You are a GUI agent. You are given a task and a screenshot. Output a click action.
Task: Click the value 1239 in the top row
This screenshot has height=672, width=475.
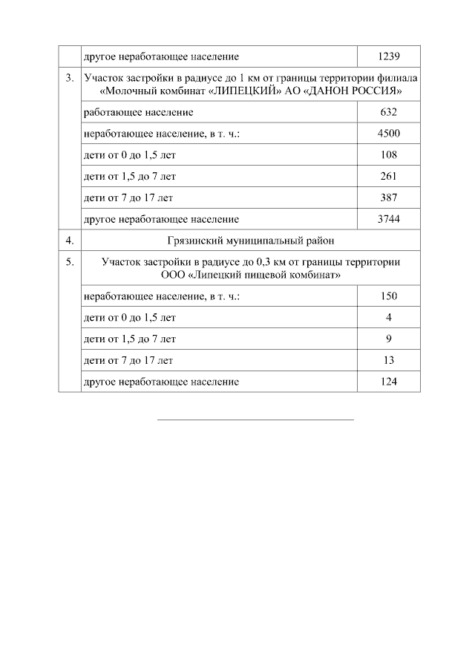389,56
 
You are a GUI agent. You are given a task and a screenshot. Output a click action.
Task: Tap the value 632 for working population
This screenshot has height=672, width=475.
389,112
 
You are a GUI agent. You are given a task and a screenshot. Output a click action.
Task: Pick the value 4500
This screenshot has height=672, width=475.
389,134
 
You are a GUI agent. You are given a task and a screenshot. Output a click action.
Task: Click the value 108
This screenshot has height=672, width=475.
389,155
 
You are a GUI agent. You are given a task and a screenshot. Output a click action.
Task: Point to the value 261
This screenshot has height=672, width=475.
389,177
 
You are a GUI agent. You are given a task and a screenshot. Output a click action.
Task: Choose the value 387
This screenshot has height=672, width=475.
389,198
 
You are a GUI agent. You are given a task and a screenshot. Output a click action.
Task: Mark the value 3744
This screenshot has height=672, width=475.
389,220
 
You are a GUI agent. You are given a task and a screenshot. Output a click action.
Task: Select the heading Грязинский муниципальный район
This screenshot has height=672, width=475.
250,240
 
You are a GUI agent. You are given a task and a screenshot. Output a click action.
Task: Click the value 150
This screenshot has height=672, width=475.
389,296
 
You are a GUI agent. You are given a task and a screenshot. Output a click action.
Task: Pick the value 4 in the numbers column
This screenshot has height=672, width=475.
389,318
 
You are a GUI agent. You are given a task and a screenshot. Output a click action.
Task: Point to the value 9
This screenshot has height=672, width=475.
389,339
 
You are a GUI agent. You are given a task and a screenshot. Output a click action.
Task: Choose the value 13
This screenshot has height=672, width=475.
389,361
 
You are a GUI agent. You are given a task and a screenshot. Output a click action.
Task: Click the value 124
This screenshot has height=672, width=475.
389,382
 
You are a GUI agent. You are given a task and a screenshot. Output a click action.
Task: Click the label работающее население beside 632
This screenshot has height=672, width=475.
139,112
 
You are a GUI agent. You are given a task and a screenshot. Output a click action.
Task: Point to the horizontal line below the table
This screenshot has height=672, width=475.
255,420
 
